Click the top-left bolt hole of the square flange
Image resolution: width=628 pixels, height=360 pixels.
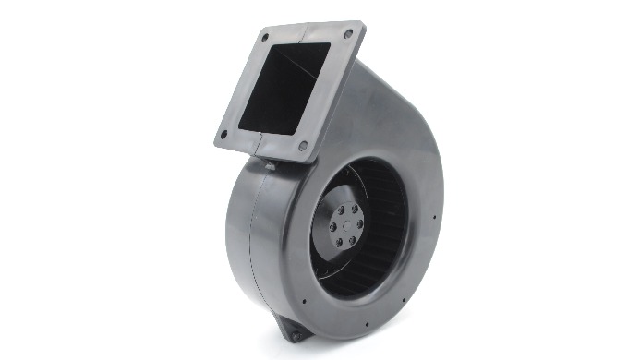point(265,39)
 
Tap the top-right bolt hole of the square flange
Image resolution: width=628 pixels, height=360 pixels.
point(348,33)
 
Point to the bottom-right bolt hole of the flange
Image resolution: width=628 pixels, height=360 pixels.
point(303,145)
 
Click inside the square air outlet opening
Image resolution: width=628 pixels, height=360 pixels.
point(287,88)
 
